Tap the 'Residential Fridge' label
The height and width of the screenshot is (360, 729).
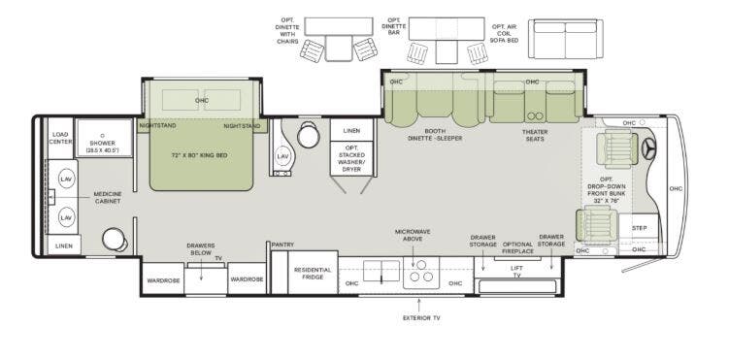click(313, 274)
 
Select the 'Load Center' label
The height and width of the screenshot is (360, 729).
click(60, 138)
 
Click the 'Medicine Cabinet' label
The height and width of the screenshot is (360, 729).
click(107, 197)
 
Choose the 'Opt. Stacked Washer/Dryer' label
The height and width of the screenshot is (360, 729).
click(351, 158)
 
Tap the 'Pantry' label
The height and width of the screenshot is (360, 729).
click(282, 245)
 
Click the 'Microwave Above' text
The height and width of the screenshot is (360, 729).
click(412, 236)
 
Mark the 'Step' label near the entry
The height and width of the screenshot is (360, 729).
click(639, 228)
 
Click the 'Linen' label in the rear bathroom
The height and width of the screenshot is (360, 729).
click(63, 246)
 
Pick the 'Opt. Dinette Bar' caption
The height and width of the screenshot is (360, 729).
click(394, 26)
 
